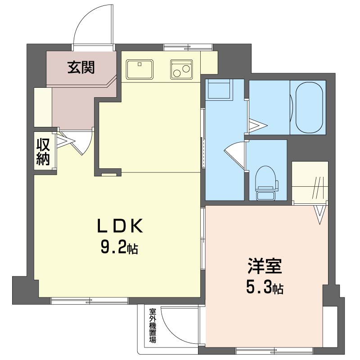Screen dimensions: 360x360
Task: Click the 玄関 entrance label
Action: tap(81, 67)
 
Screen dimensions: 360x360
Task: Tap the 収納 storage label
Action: tap(43, 152)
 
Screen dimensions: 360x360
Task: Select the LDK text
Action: tap(120, 225)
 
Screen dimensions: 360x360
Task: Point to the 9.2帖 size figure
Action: tap(119, 248)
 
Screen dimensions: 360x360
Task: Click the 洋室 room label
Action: tap(265, 266)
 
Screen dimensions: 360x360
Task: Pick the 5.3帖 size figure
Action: tap(265, 288)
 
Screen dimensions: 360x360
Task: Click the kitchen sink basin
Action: tap(139, 69)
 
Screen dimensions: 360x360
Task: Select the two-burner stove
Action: tap(181, 69)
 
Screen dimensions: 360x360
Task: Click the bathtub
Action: tap(309, 108)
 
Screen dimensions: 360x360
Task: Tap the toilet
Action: tap(266, 183)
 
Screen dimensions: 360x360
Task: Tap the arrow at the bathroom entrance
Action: tap(258, 126)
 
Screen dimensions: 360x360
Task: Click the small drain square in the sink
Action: tap(139, 64)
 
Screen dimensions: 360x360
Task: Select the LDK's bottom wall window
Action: tap(90, 301)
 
